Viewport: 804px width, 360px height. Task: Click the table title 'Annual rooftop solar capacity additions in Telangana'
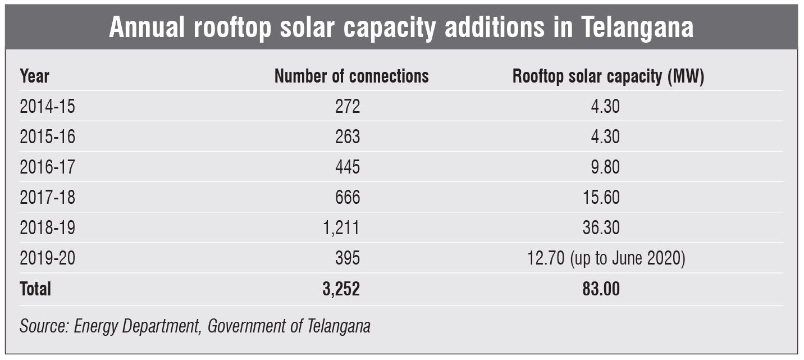coord(401,28)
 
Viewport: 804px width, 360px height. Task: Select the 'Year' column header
coord(34,76)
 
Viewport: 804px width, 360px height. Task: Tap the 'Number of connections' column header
coord(351,76)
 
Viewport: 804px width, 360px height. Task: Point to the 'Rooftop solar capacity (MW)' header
coord(608,76)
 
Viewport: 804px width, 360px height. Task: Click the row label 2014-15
coord(47,107)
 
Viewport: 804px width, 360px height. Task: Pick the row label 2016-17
coord(47,167)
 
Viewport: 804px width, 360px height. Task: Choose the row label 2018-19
coord(47,228)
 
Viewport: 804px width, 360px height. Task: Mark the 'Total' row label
coord(35,289)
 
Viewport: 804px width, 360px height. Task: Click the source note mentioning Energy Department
coord(195,326)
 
